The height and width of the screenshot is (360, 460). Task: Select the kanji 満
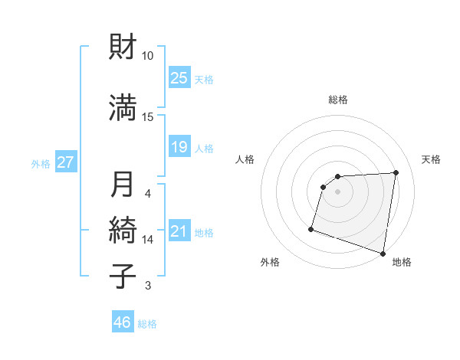[x=123, y=108]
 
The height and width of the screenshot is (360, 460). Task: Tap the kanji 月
[x=123, y=185]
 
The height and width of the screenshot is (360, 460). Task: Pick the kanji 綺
[x=123, y=231]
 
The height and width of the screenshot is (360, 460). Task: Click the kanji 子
[x=123, y=277]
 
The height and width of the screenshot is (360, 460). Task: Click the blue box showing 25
[x=179, y=78]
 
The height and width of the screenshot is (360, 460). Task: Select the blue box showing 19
[x=179, y=147]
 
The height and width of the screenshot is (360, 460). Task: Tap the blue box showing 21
[x=179, y=231]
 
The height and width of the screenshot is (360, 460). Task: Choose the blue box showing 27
[x=66, y=162]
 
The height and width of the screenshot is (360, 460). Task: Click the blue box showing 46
[x=123, y=322]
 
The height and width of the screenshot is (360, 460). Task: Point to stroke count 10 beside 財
[x=148, y=56]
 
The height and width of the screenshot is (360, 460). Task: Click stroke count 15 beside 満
[x=148, y=116]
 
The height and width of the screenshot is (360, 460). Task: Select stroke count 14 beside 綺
[x=148, y=239]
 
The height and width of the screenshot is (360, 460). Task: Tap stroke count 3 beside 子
[x=148, y=286]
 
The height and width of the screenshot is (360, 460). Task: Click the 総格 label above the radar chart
[x=338, y=100]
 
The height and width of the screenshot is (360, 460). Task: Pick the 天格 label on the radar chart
[x=432, y=159]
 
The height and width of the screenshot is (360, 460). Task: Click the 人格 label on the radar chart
[x=245, y=159]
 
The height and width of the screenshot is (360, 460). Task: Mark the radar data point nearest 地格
[x=383, y=253]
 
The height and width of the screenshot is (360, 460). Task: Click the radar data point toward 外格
[x=311, y=228]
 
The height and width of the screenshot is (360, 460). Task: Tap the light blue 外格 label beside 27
[x=41, y=163]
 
